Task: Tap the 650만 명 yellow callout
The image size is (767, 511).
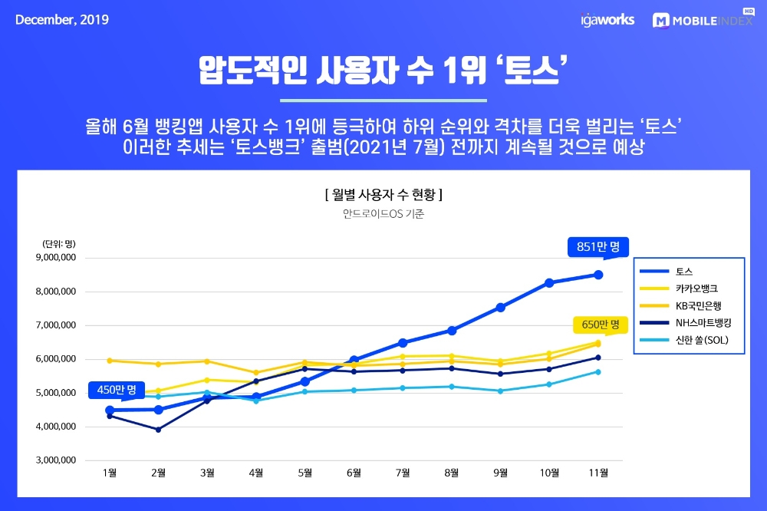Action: [x=596, y=325]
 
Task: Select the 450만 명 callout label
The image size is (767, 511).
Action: [x=116, y=390]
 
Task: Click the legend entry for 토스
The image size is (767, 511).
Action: [x=683, y=272]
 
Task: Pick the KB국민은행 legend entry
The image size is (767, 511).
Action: [x=695, y=305]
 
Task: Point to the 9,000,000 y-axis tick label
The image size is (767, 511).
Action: [x=55, y=258]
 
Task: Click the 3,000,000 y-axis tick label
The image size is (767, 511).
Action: [x=55, y=460]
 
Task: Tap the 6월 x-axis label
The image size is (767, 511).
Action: [x=354, y=473]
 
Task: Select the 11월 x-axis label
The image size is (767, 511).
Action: [x=598, y=473]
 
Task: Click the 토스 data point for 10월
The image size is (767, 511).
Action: [x=549, y=283]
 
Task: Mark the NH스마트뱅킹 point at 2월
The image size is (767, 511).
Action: [x=159, y=430]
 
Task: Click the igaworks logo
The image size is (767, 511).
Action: [x=607, y=20]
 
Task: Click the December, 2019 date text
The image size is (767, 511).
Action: [x=62, y=20]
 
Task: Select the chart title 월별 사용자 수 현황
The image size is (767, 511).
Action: [x=383, y=194]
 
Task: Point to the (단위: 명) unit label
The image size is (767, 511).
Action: [x=58, y=243]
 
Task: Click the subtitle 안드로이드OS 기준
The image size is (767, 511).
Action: [x=383, y=214]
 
